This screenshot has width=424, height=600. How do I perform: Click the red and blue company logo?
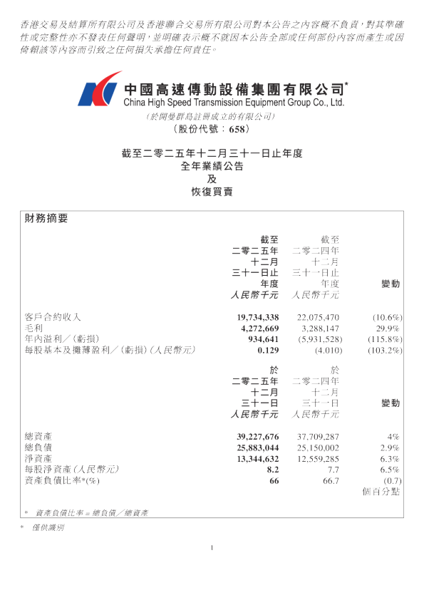pyautogui.click(x=100, y=89)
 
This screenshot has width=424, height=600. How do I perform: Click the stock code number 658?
pyautogui.click(x=237, y=130)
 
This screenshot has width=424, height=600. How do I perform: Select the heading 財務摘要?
pyautogui.click(x=46, y=219)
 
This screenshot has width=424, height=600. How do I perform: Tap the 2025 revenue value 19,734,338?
pyautogui.click(x=258, y=318)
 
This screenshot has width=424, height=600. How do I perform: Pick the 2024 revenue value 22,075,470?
pyautogui.click(x=318, y=318)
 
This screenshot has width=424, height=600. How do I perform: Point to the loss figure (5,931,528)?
pyautogui.click(x=320, y=339)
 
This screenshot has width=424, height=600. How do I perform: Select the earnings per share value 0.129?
pyautogui.click(x=268, y=351)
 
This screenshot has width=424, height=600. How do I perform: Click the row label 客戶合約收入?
pyautogui.click(x=53, y=317)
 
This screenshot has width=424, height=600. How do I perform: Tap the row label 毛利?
pyautogui.click(x=33, y=329)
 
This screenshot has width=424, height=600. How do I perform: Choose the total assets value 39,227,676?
pyautogui.click(x=258, y=437)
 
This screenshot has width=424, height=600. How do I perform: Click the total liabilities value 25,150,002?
pyautogui.click(x=318, y=448)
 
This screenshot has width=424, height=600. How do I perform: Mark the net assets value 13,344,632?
pyautogui.click(x=258, y=459)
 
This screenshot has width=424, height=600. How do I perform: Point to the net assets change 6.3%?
pyautogui.click(x=390, y=459)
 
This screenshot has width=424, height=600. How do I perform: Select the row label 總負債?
pyautogui.click(x=38, y=448)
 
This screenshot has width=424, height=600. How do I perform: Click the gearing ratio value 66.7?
pyautogui.click(x=331, y=481)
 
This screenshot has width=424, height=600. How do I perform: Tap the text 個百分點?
pyautogui.click(x=381, y=492)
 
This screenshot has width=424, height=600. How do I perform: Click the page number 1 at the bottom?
pyautogui.click(x=212, y=548)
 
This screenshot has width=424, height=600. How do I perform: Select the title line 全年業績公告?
pyautogui.click(x=212, y=166)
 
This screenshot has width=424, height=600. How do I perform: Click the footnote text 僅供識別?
pyautogui.click(x=48, y=528)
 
